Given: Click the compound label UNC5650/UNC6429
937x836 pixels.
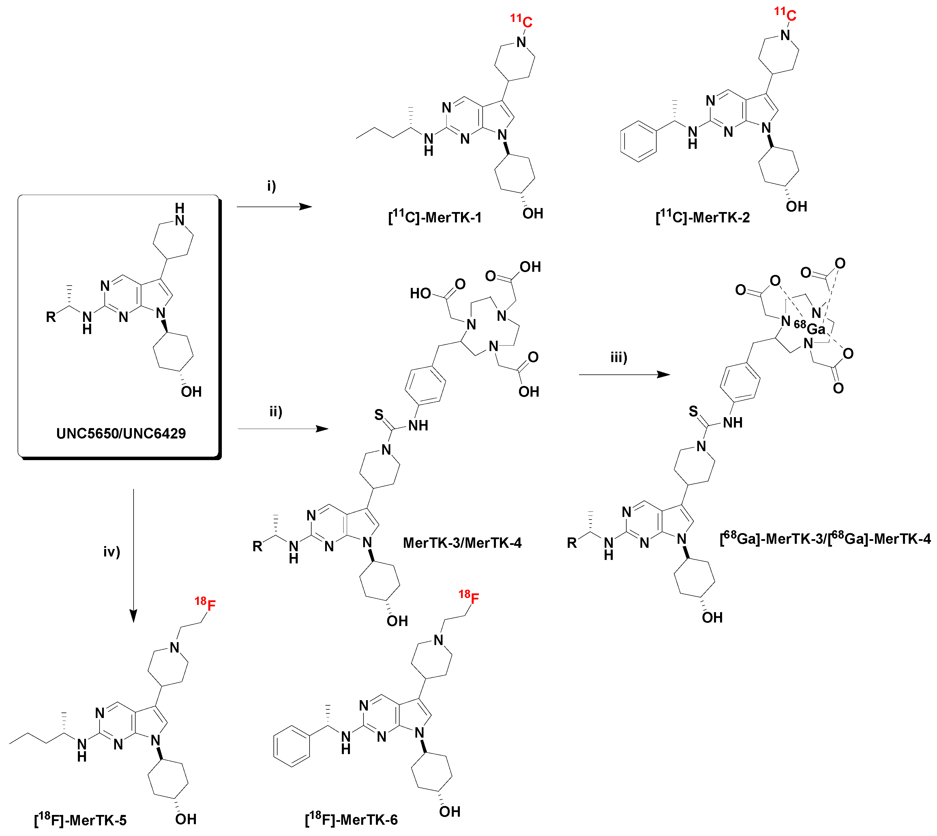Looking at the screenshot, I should pyautogui.click(x=121, y=433).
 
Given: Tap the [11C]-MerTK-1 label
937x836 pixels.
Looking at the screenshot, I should pyautogui.click(x=435, y=217).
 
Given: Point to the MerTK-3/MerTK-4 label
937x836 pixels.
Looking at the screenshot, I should pyautogui.click(x=462, y=543).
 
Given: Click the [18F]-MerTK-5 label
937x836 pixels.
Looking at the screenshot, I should pyautogui.click(x=80, y=820).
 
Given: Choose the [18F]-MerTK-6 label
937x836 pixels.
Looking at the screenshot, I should pyautogui.click(x=351, y=820).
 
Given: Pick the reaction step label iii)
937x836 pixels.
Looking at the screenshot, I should pyautogui.click(x=619, y=357).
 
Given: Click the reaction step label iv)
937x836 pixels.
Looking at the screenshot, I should pyautogui.click(x=112, y=551).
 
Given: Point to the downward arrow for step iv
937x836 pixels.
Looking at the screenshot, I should pyautogui.click(x=133, y=556).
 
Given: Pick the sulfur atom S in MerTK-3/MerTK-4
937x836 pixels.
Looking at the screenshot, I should pyautogui.click(x=378, y=415).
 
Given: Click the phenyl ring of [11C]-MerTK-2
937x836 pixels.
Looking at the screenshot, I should pyautogui.click(x=638, y=141).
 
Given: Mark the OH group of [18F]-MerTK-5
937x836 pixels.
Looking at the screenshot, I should pyautogui.click(x=185, y=819).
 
